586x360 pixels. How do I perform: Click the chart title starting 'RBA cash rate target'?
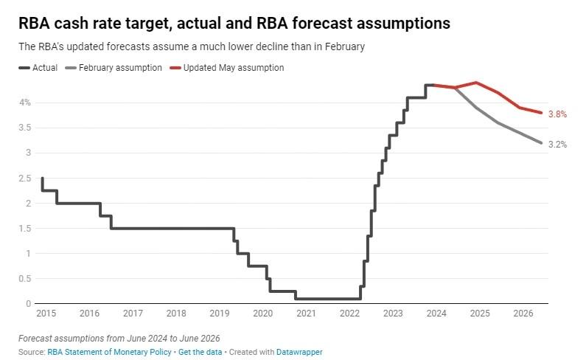point(234,24)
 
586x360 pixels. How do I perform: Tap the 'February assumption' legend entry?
point(119,68)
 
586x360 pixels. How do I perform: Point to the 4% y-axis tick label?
point(26,103)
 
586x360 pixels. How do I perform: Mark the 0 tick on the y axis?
point(28,304)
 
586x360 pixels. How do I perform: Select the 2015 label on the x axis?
point(46,314)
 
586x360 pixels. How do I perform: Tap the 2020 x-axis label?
point(262,314)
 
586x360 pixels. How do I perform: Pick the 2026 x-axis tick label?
point(523,314)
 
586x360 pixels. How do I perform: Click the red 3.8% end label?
point(557,114)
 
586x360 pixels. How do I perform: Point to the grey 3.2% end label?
point(557,145)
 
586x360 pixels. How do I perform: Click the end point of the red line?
point(542,113)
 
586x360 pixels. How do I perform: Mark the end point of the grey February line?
point(542,143)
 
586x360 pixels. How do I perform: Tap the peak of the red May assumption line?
point(477,83)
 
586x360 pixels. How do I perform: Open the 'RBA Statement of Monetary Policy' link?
point(109,352)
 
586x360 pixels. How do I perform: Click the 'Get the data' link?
point(198,352)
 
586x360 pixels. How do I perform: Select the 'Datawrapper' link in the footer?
point(299,352)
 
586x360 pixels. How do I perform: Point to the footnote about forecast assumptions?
point(119,339)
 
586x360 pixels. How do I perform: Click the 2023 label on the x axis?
point(393,314)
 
